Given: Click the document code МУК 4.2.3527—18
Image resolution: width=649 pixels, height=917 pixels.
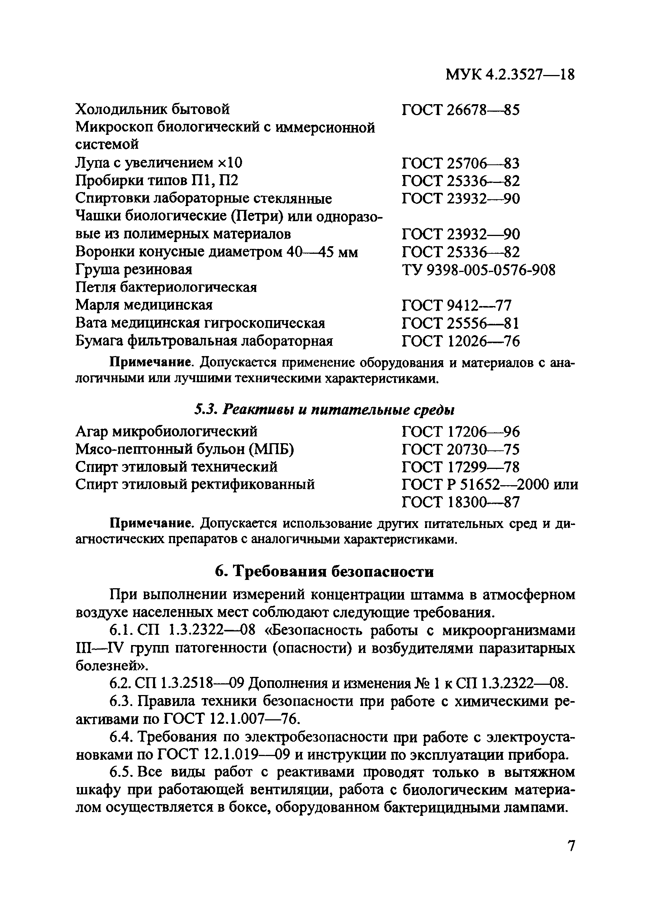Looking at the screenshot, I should pyautogui.click(x=510, y=75).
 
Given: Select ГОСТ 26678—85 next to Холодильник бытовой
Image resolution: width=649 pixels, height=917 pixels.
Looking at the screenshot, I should pyautogui.click(x=460, y=109).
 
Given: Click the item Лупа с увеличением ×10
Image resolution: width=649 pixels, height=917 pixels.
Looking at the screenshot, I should pyautogui.click(x=159, y=162).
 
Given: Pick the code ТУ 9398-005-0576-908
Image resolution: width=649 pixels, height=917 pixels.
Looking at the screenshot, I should pyautogui.click(x=479, y=270).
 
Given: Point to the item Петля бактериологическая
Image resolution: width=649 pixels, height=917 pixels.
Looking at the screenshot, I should pyautogui.click(x=166, y=287).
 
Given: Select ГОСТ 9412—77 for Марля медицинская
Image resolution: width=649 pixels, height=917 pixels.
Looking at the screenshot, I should pyautogui.click(x=456, y=306).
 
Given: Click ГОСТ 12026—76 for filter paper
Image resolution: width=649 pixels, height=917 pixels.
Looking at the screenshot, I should pyautogui.click(x=460, y=341).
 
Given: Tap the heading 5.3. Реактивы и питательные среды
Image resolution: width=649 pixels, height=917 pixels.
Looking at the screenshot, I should pyautogui.click(x=324, y=409).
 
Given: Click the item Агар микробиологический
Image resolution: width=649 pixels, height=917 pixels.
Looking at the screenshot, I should pyautogui.click(x=166, y=431).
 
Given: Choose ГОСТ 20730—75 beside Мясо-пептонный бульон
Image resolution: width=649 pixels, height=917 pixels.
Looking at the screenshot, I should pyautogui.click(x=460, y=450).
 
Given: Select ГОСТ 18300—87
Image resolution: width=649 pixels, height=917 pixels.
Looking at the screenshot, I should pyautogui.click(x=460, y=502).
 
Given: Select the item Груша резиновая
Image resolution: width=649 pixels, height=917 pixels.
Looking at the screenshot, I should pyautogui.click(x=134, y=270).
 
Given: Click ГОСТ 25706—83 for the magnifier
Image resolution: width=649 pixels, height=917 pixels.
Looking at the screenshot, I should pyautogui.click(x=460, y=163).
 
